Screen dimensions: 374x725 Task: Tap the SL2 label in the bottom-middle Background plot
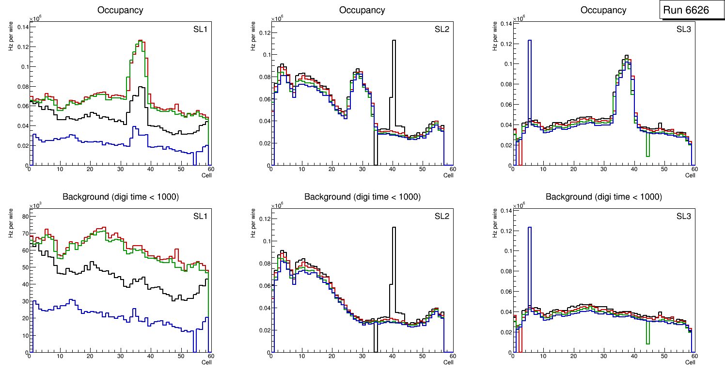442,216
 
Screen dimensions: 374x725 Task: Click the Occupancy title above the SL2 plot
362,10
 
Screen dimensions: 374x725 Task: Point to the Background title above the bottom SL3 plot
603,197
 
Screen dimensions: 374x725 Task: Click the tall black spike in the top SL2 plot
394,41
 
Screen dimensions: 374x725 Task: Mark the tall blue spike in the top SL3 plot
530,41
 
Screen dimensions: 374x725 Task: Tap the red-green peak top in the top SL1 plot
139,41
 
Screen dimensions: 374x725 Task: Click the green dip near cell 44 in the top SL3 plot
647,155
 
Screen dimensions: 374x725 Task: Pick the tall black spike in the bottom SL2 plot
394,228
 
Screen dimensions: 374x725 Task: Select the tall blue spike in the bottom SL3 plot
530,228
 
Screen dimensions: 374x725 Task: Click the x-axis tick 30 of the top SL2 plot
362,169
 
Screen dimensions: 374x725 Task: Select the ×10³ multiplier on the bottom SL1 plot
35,206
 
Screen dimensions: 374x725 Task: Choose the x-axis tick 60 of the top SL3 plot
694,169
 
